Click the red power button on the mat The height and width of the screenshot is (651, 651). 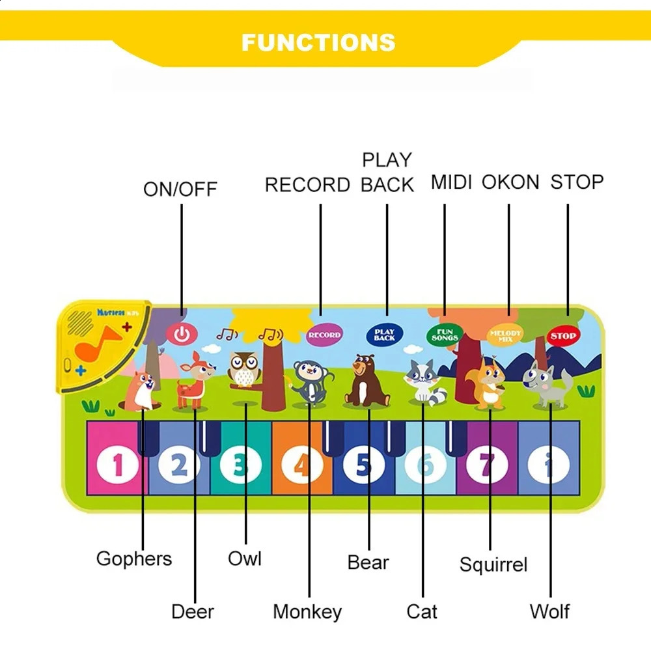point(182,335)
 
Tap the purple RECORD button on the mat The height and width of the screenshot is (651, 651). point(324,335)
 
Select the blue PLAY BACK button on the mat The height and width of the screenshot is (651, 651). point(384,335)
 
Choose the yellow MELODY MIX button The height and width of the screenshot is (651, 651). point(505,335)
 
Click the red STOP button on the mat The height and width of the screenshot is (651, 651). point(562,336)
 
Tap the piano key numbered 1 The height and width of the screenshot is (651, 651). point(117,465)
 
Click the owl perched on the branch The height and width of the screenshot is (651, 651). point(244,369)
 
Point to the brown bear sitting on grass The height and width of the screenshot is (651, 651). point(366,381)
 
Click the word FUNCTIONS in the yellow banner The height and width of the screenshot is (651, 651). point(318,42)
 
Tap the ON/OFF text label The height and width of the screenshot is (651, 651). point(180,189)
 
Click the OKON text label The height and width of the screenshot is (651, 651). point(510,182)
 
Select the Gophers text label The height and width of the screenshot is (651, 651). point(134,559)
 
